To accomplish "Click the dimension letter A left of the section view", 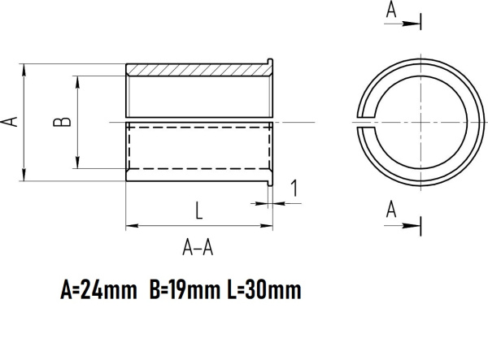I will tap(10, 122).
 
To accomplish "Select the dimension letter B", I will tap(62, 122).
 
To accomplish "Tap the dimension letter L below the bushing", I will tap(198, 210).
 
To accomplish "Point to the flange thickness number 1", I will tap(294, 189).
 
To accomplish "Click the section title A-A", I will tap(198, 249).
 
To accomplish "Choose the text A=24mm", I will tap(98, 290).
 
